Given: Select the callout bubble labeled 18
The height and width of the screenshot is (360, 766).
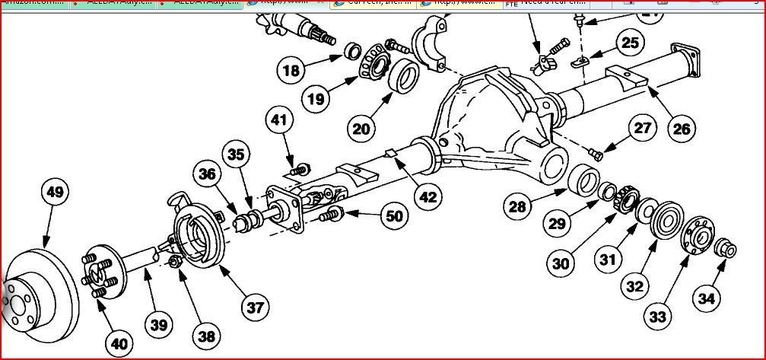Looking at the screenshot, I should pos(291,72).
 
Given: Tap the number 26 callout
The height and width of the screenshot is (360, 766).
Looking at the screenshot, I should pos(681,129).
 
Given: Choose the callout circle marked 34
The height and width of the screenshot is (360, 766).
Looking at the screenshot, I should pos(707,298).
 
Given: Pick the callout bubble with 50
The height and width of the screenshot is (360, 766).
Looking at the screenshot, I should pos(393,216).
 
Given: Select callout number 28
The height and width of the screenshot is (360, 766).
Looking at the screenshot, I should pos(517,207).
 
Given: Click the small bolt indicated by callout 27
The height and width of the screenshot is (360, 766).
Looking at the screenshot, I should pos(596,155).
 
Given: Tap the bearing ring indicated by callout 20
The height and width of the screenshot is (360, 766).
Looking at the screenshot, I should pos(403,77).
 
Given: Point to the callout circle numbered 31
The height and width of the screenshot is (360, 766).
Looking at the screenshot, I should pos(607,259).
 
